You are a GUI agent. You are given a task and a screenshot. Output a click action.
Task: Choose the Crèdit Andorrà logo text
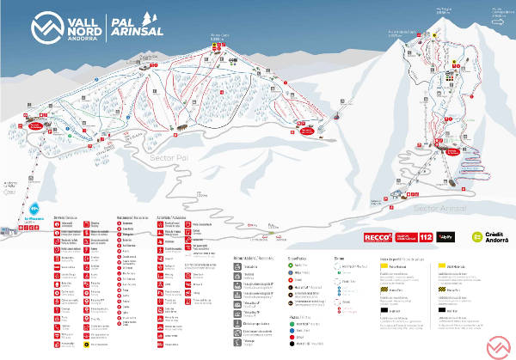click(491, 235)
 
